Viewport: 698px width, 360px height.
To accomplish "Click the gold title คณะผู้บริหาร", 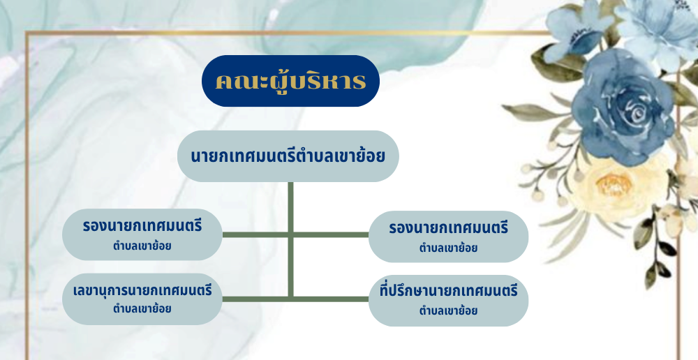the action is point(290,81).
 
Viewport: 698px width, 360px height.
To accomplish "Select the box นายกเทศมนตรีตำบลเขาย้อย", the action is point(288,156).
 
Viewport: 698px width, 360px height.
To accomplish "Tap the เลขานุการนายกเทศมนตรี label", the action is point(142,291).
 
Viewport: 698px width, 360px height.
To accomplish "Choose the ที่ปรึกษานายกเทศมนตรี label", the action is point(449,292).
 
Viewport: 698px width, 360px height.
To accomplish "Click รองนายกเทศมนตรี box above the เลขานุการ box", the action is point(142,234).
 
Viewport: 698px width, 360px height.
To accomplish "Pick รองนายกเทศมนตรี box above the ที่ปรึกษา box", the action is point(448,237).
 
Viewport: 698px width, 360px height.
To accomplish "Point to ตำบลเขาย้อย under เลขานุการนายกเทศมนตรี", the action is point(142,308).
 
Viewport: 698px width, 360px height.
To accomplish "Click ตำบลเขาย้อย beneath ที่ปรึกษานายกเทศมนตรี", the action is point(448,310).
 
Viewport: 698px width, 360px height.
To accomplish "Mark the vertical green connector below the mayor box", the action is point(290,239).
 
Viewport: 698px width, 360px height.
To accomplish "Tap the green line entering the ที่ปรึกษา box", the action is point(331,299).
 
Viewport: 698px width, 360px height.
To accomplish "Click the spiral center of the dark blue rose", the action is point(637,112).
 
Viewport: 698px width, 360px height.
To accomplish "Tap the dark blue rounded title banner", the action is point(290,80).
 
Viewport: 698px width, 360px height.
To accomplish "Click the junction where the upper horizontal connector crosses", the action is point(290,234).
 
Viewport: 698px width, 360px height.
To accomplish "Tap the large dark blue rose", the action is point(623,107).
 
